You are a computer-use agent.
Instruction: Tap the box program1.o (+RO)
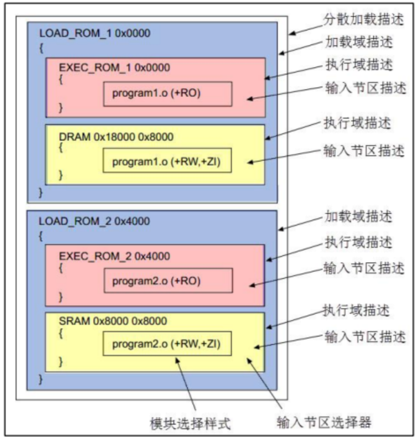click(x=167, y=93)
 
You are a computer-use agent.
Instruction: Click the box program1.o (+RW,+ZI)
click(x=167, y=161)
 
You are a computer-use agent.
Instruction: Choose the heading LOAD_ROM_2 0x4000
click(x=94, y=221)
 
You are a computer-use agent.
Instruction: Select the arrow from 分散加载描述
click(x=307, y=27)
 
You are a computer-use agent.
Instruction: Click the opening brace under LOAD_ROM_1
click(x=41, y=48)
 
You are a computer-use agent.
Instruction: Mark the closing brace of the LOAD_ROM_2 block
click(x=41, y=379)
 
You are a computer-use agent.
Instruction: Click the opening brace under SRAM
click(x=61, y=333)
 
